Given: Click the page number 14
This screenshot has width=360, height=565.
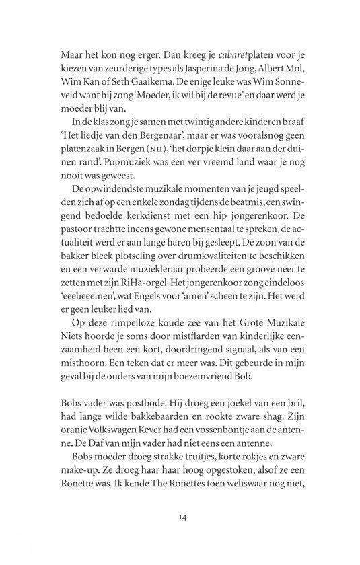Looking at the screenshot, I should (x=182, y=516).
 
